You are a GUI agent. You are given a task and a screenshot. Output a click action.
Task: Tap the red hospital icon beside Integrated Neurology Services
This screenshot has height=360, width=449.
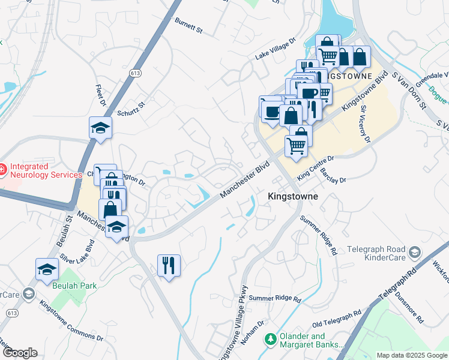tap(2, 170)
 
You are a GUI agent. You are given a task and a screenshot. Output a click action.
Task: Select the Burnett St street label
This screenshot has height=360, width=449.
tap(189, 24)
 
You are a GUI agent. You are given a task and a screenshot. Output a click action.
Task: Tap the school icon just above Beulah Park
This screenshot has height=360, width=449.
tap(47, 269)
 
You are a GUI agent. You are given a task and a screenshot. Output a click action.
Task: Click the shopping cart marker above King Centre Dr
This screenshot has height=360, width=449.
tap(297, 145)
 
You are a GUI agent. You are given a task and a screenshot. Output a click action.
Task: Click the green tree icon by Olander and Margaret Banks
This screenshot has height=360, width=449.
tap(271, 340)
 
